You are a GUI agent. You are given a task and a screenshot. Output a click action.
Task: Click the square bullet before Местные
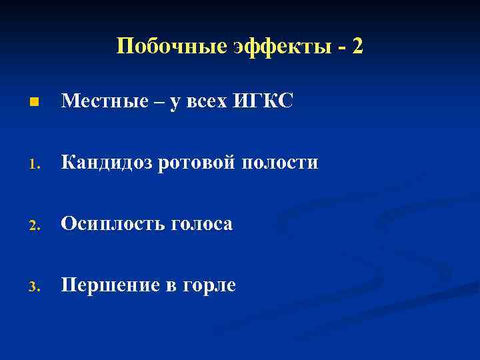tap(33, 103)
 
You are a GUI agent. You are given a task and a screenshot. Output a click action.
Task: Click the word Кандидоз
tap(107, 163)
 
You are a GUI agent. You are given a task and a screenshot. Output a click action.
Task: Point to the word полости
tap(279, 163)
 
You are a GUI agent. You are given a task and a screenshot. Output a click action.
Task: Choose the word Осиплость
tap(111, 225)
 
